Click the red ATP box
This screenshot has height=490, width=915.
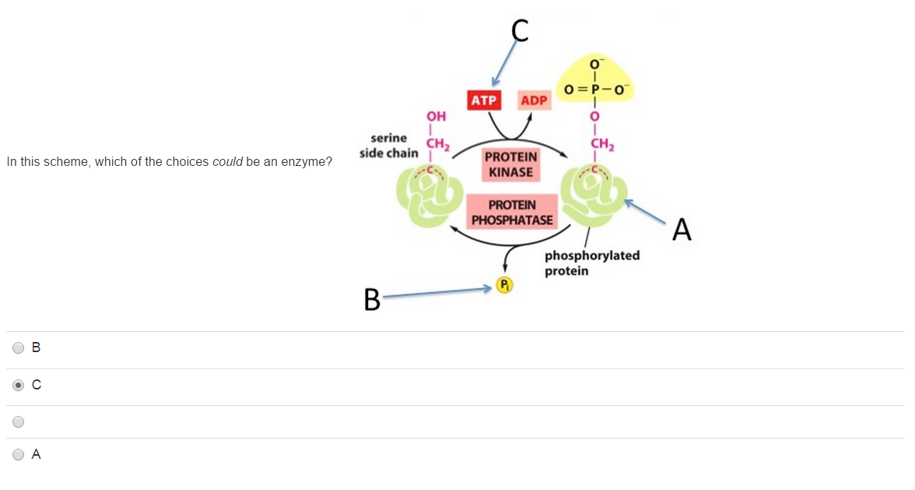483,100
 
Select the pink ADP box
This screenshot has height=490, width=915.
534,100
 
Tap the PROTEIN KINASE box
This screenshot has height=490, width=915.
510,164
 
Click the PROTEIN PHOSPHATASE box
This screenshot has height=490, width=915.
512,212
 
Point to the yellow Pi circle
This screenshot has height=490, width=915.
505,285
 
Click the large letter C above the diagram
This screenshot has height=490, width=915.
521,30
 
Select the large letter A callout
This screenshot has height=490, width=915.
682,230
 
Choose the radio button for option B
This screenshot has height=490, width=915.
19,348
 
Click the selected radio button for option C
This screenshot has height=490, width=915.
19,385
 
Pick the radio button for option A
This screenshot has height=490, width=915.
19,455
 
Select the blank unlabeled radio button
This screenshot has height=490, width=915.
19,422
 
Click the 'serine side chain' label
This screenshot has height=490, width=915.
389,146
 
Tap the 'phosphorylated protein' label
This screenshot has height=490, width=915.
591,263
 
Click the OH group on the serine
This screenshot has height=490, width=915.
436,117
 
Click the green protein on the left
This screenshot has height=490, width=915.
429,194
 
